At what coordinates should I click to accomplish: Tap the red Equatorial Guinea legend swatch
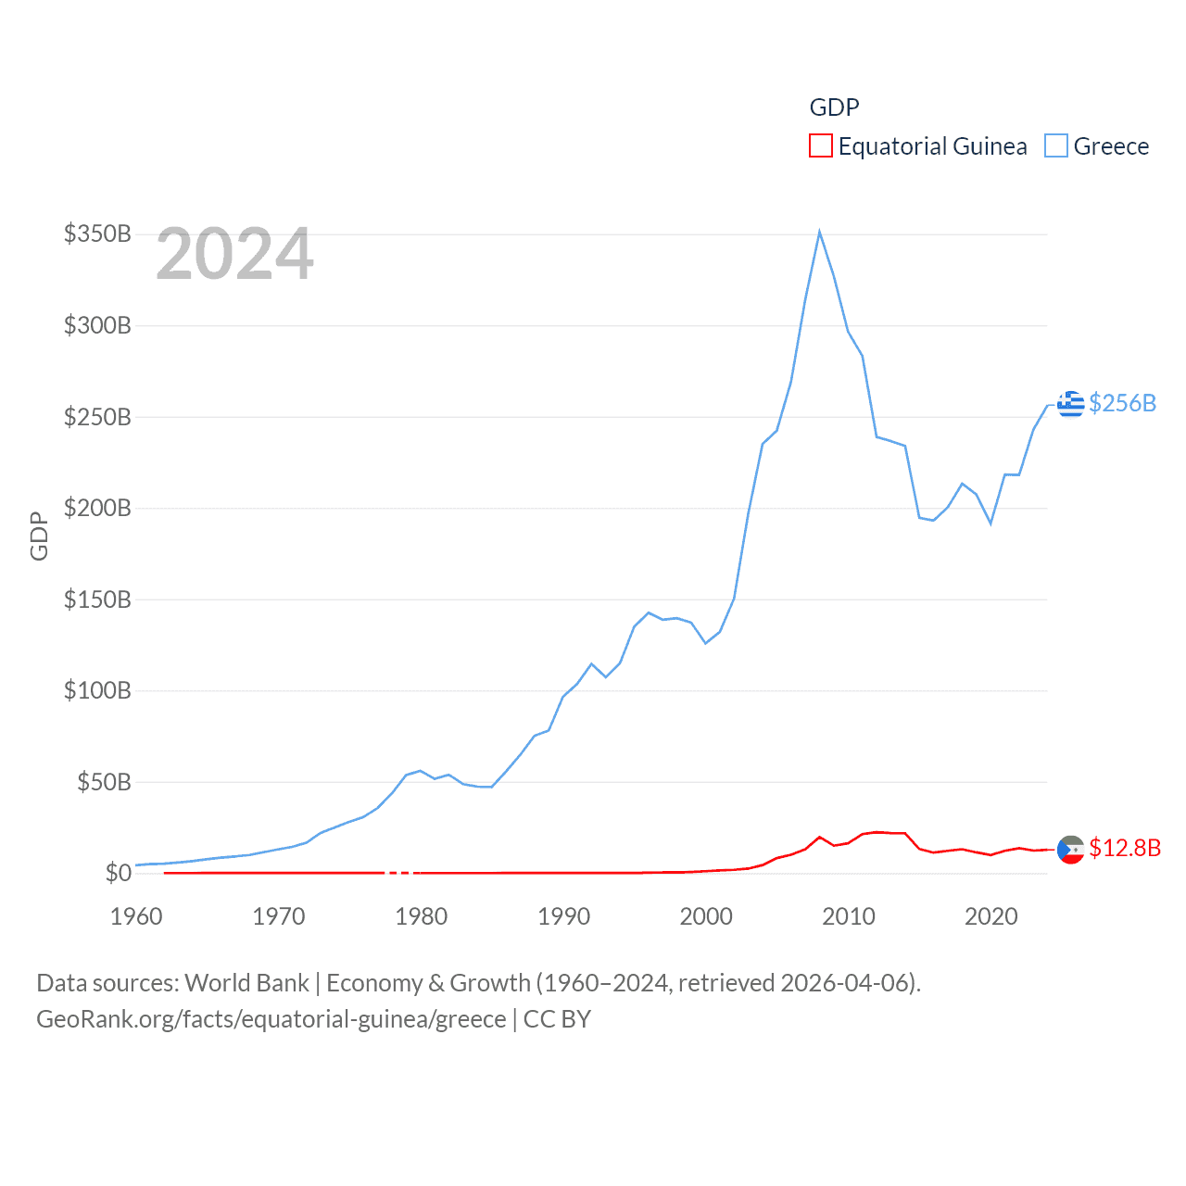click(820, 146)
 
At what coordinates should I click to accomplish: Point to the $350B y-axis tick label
click(97, 233)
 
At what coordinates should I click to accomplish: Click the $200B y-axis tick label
click(97, 508)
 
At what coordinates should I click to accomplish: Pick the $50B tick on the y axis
click(104, 782)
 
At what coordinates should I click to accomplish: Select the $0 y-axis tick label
click(119, 873)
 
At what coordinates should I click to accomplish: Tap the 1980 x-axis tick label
click(421, 916)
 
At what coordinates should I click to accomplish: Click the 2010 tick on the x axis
click(848, 916)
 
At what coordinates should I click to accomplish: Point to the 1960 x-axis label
click(136, 916)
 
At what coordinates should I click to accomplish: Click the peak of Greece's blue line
click(819, 233)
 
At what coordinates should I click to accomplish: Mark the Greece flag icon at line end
click(1070, 404)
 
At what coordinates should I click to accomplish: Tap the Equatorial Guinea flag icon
click(1070, 849)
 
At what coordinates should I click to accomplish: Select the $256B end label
click(1122, 403)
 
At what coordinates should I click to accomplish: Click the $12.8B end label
click(1125, 848)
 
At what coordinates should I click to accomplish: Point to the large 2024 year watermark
click(234, 254)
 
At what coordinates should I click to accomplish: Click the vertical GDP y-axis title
click(39, 536)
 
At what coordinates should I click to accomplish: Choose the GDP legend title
click(834, 107)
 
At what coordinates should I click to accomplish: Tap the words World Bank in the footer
click(246, 982)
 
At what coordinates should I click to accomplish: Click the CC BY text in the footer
click(557, 1019)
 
